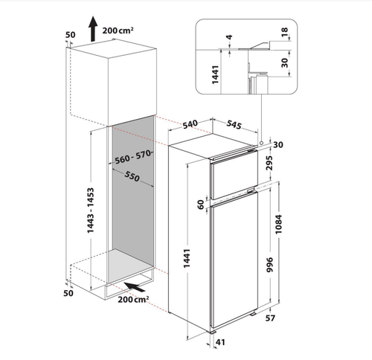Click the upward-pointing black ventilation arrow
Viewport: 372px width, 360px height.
93,28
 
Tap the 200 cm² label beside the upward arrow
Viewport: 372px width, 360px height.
118,30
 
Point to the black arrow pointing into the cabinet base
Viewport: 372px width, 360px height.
134,287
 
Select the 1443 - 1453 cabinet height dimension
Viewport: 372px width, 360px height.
91,210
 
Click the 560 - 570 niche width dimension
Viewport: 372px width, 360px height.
133,157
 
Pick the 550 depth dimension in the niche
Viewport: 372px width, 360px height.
132,176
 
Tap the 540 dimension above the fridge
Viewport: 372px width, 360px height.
190,124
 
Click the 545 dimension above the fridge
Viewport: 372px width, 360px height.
234,124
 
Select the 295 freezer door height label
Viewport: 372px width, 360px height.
269,163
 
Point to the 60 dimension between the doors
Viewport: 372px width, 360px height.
201,205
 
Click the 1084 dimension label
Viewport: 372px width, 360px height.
278,224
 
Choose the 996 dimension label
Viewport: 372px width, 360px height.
269,265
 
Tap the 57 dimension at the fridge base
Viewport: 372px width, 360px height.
270,318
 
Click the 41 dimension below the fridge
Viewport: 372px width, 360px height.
220,342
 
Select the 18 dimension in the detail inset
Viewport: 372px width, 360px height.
285,31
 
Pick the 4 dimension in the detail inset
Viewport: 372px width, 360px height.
230,37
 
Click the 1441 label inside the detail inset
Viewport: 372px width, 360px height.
215,74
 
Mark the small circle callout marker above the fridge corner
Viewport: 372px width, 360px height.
261,143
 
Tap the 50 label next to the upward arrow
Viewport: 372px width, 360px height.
70,35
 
